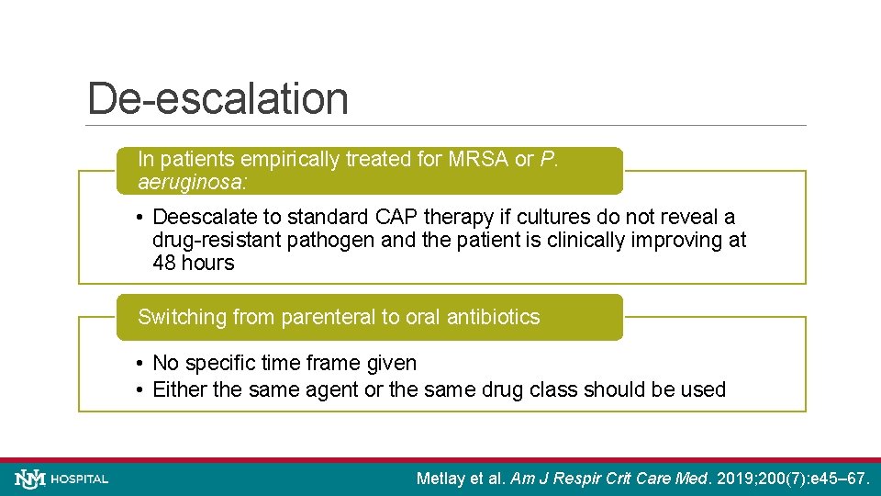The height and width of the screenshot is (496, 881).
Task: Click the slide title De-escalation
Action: point(217,99)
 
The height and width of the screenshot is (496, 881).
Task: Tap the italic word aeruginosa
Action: point(191,182)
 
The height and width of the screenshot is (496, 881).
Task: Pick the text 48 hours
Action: point(193,263)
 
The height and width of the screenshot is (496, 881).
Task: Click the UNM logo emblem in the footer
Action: point(29,479)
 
